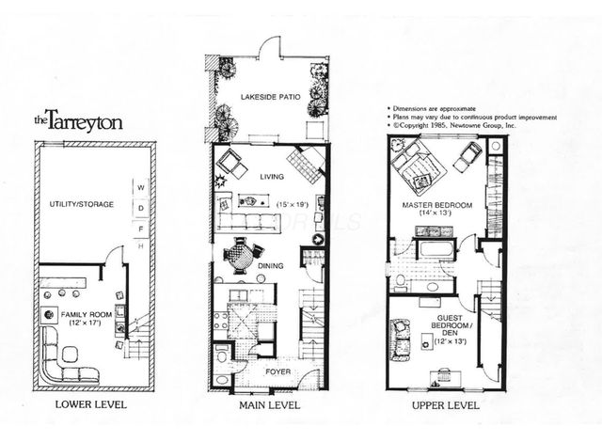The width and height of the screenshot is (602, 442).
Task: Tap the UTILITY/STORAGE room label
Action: point(83,203)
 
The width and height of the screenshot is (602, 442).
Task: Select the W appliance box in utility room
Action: point(140,185)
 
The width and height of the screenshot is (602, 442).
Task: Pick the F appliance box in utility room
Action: point(140,227)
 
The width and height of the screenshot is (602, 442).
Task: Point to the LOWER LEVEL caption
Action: point(91,405)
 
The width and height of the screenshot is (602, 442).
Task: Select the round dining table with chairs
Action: point(241,254)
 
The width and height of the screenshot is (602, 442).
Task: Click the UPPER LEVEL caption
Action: point(445,405)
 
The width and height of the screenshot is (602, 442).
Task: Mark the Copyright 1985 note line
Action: point(458,124)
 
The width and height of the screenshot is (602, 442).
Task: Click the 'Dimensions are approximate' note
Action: point(434,107)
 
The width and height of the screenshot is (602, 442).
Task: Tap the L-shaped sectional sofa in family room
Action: point(65,358)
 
